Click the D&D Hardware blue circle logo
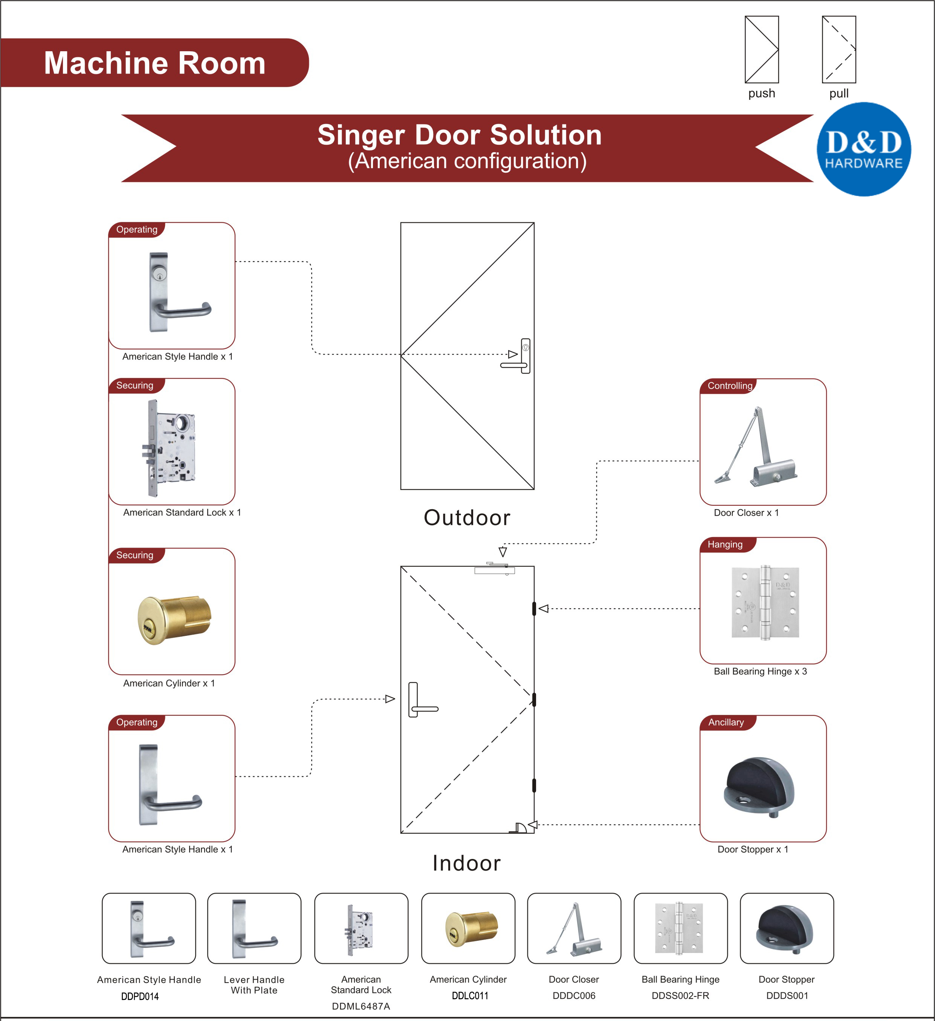click(x=864, y=149)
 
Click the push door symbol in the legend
click(x=761, y=50)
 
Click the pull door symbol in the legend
click(x=839, y=50)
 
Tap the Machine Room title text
click(x=154, y=63)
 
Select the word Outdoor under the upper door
click(x=467, y=517)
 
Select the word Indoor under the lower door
click(x=467, y=863)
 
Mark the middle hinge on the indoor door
click(x=534, y=700)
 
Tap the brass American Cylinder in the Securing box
click(x=174, y=619)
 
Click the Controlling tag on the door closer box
click(x=729, y=386)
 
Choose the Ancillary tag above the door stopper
click(x=726, y=722)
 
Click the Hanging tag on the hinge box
click(x=725, y=545)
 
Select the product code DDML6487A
click(x=361, y=1006)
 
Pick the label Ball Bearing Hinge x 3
click(x=760, y=672)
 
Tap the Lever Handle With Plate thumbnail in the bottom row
click(x=254, y=928)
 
